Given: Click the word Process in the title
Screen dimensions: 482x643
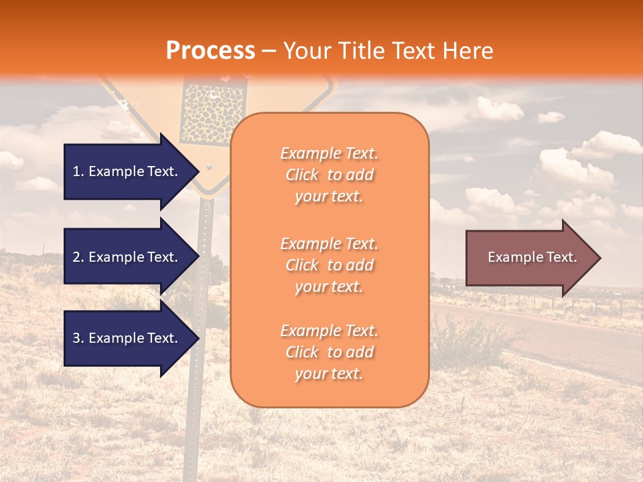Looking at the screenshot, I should (210, 50).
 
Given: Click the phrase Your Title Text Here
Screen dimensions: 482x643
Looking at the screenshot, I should (388, 51).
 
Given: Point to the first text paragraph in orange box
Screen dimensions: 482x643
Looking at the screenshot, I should (330, 175).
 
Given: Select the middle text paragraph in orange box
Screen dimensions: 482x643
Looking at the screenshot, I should (330, 265).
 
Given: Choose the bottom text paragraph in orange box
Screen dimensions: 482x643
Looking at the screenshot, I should (330, 352).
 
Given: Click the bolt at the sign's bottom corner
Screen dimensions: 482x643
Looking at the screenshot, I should (210, 165).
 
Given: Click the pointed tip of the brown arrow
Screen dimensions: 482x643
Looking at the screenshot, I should (599, 258).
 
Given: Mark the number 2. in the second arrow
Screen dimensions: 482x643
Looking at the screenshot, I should (78, 257).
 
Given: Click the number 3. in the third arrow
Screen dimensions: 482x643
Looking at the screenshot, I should (78, 338).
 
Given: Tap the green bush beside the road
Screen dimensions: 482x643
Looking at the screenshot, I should (469, 338).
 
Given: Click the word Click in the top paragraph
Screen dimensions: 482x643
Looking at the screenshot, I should (303, 175).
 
